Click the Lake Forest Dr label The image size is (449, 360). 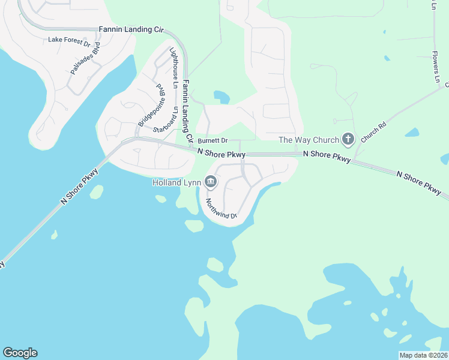click(x=69, y=42)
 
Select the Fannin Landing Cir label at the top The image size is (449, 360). click(x=131, y=28)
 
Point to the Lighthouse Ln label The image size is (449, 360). click(x=173, y=68)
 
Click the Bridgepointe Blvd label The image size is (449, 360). click(x=151, y=105)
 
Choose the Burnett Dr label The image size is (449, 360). click(x=213, y=140)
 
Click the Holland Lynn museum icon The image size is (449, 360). click(x=210, y=181)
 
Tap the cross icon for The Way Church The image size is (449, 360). click(x=348, y=140)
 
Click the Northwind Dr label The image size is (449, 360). click(x=221, y=208)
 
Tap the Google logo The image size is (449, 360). click(x=20, y=353)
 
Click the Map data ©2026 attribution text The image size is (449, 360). click(x=423, y=355)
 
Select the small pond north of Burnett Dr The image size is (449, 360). click(x=221, y=97)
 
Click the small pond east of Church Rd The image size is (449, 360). click(x=412, y=132)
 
